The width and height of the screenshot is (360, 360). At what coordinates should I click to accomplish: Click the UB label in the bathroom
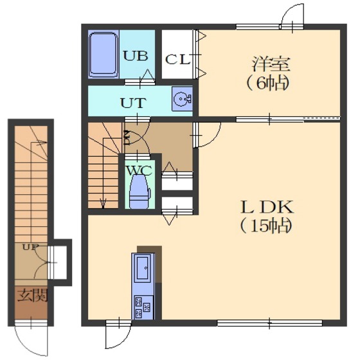pos(136,56)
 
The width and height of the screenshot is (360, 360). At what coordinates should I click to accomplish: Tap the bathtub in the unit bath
pos(104,55)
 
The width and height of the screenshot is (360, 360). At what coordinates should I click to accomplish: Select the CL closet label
pos(178,59)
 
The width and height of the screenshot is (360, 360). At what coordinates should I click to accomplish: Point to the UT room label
pos(133,103)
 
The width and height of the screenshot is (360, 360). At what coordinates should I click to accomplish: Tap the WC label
pos(139,170)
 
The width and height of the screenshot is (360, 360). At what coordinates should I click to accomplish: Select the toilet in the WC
pos(139,192)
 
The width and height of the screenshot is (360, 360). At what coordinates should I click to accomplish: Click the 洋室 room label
pos(271,64)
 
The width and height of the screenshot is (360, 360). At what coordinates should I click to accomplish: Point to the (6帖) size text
pos(267,83)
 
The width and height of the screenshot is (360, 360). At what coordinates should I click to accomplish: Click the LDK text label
pos(267,207)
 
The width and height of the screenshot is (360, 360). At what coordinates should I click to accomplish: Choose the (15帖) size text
pos(266,226)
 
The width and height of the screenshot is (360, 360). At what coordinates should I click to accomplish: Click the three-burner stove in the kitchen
pos(143,307)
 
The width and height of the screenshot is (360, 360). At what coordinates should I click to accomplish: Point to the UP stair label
pos(30,248)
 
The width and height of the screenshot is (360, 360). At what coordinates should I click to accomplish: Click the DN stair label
pos(127,138)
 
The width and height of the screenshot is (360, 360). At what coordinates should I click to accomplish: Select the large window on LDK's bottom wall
pos(270,323)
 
